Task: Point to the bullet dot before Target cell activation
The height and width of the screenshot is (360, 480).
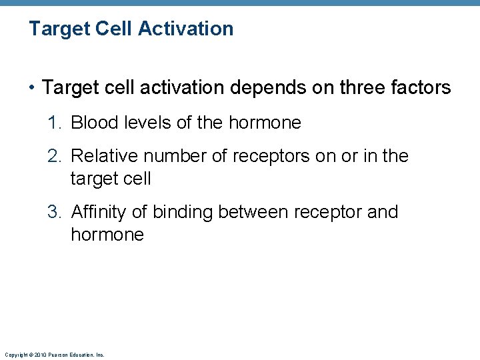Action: (33, 88)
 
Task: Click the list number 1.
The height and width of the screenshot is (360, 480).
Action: (54, 123)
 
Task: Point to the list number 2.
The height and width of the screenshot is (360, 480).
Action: (54, 156)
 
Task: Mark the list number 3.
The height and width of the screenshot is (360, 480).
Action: (54, 212)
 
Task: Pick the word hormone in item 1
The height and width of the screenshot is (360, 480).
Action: (265, 123)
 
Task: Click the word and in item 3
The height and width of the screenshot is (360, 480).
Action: (383, 212)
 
